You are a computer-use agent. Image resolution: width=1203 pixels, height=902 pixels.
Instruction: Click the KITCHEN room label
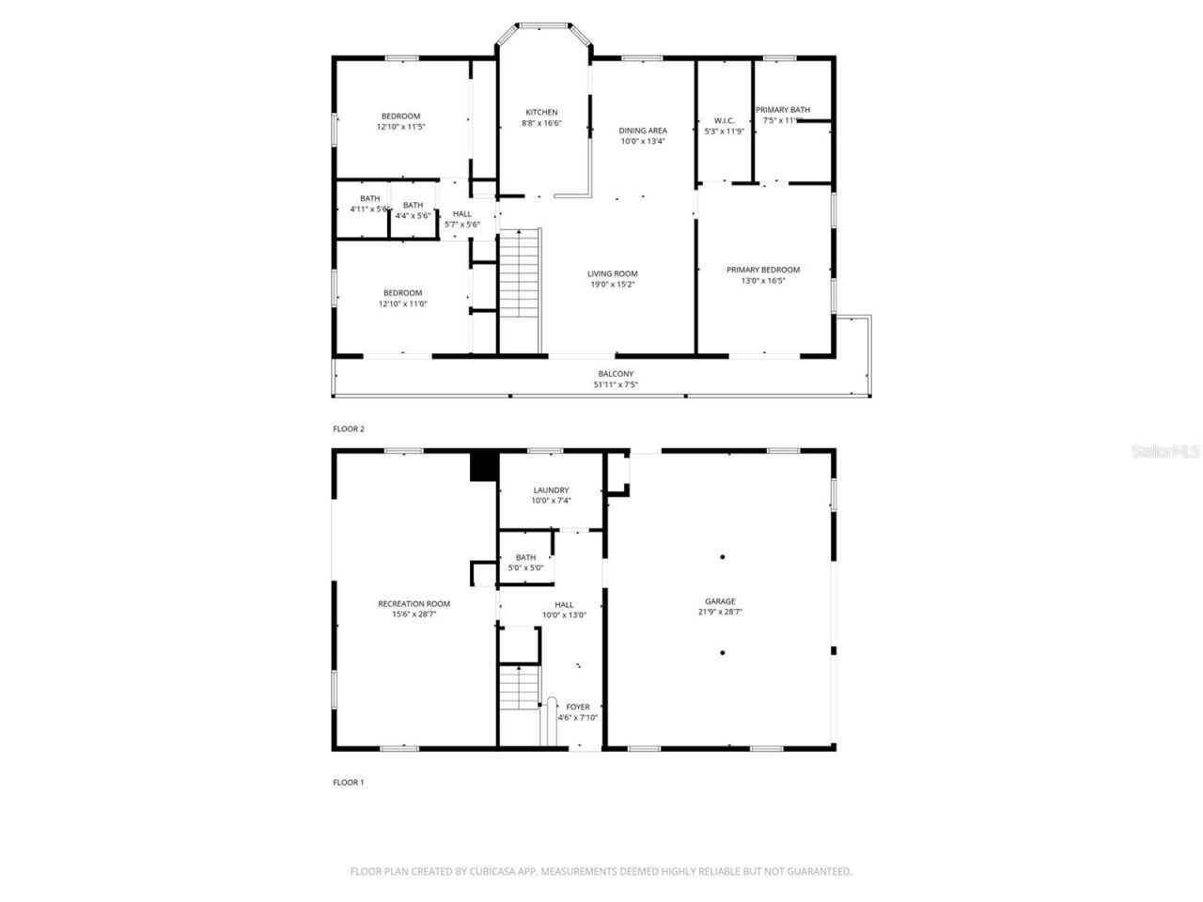541,113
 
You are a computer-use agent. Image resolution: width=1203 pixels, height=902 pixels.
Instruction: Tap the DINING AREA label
643,131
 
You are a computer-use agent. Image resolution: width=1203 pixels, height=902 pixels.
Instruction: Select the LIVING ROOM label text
613,273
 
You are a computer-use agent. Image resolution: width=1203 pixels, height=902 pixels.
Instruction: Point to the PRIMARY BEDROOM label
763,270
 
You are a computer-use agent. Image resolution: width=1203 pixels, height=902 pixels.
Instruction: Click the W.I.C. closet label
724,120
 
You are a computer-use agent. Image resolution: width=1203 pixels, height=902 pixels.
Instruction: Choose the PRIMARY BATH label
783,110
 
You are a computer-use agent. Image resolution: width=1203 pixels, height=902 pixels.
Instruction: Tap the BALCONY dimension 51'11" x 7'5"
616,384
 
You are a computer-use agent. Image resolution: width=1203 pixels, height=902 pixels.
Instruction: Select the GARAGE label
721,601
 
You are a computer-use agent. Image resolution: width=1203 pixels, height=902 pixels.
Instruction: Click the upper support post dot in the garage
723,557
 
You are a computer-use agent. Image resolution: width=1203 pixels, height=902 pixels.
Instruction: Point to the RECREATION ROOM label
414,604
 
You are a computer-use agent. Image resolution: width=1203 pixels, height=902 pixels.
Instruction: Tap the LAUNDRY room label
551,490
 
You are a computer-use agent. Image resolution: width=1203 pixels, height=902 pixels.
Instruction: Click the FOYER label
578,707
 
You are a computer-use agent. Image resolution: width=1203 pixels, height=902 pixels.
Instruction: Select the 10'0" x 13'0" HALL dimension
564,615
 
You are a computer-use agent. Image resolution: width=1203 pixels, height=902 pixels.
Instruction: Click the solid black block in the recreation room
483,467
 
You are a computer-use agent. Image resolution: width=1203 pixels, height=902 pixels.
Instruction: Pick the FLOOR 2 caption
349,428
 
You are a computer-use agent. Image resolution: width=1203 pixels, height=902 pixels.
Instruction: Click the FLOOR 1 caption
349,782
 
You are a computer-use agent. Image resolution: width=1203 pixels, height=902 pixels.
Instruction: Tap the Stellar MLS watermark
1165,452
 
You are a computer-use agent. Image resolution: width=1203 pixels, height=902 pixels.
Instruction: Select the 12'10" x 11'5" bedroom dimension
401,126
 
